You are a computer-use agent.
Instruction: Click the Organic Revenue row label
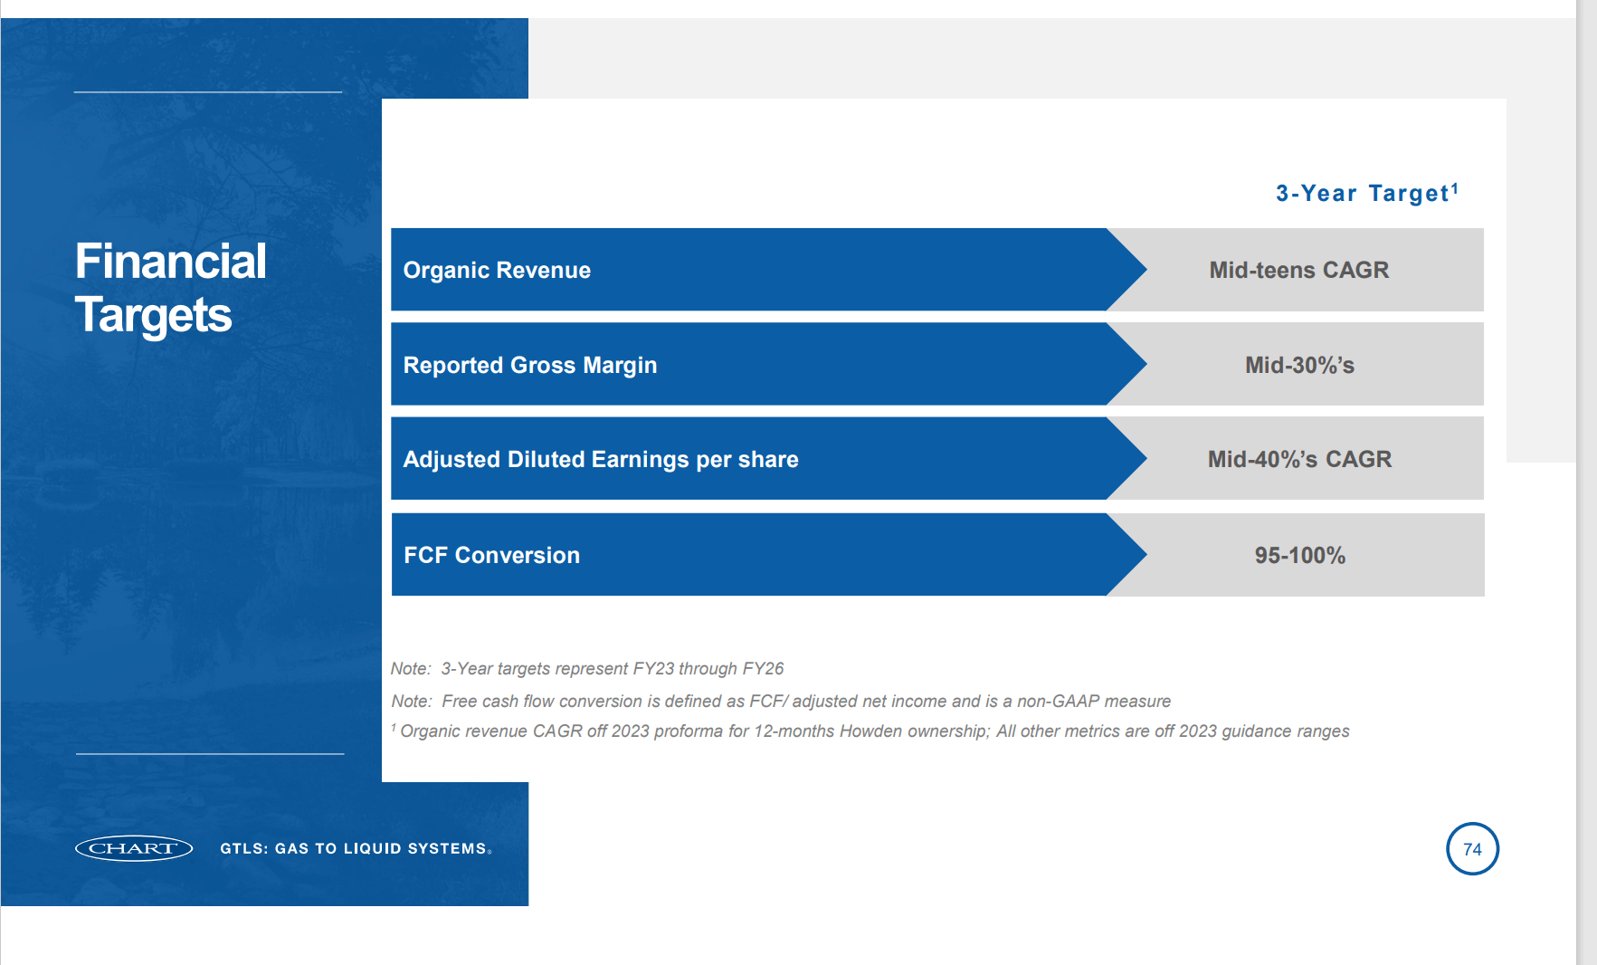497,270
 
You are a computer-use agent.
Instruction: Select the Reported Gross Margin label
529,365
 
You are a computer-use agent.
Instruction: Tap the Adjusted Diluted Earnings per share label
600,459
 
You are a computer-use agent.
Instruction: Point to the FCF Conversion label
491,555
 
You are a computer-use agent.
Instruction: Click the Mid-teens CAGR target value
1298,270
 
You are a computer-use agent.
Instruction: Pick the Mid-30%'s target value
1299,365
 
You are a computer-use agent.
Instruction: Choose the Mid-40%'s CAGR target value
1299,459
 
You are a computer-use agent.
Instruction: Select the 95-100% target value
1299,555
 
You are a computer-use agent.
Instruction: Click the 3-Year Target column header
1362,193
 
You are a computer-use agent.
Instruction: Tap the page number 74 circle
1472,849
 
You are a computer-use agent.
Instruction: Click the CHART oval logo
134,848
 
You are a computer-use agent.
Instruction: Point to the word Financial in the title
170,261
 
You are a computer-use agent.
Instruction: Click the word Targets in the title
153,315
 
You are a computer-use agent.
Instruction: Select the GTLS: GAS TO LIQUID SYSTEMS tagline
355,848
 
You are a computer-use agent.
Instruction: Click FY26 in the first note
763,668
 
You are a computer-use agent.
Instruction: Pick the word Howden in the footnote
870,731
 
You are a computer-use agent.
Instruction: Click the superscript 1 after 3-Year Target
1454,187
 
